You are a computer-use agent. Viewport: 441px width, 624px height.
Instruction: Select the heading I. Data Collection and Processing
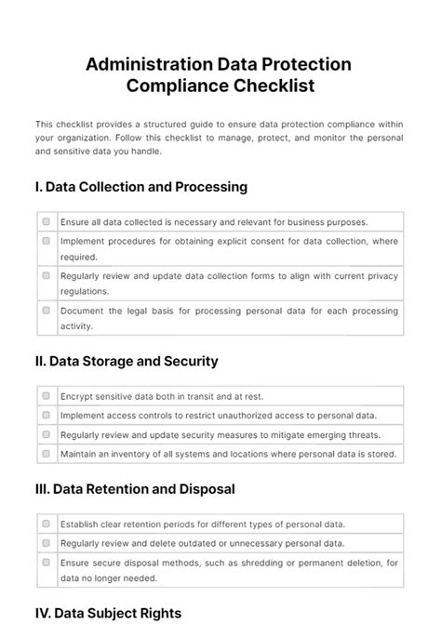pos(140,187)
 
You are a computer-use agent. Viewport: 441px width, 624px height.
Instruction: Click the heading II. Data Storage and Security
pos(126,361)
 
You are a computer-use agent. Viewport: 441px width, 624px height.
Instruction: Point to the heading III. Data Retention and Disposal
pos(134,488)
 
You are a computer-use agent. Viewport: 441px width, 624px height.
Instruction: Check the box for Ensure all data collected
pos(46,222)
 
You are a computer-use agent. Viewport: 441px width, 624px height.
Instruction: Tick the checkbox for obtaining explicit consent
pos(46,241)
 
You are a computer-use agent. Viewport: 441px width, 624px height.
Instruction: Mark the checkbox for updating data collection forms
pos(46,275)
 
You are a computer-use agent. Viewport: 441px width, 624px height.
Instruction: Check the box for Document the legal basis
pos(46,311)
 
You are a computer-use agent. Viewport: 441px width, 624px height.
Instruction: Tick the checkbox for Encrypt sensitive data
pos(46,395)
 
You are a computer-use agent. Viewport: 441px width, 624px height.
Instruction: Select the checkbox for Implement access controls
pos(46,415)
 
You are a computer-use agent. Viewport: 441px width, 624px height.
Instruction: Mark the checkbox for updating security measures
pos(46,434)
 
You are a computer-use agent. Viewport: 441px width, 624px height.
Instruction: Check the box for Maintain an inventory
pos(46,454)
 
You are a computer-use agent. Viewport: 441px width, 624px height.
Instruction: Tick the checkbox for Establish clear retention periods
pos(46,524)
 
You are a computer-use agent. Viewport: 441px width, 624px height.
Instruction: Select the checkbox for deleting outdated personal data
pos(46,542)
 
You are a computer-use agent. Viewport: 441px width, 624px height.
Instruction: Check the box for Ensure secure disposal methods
pos(46,562)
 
